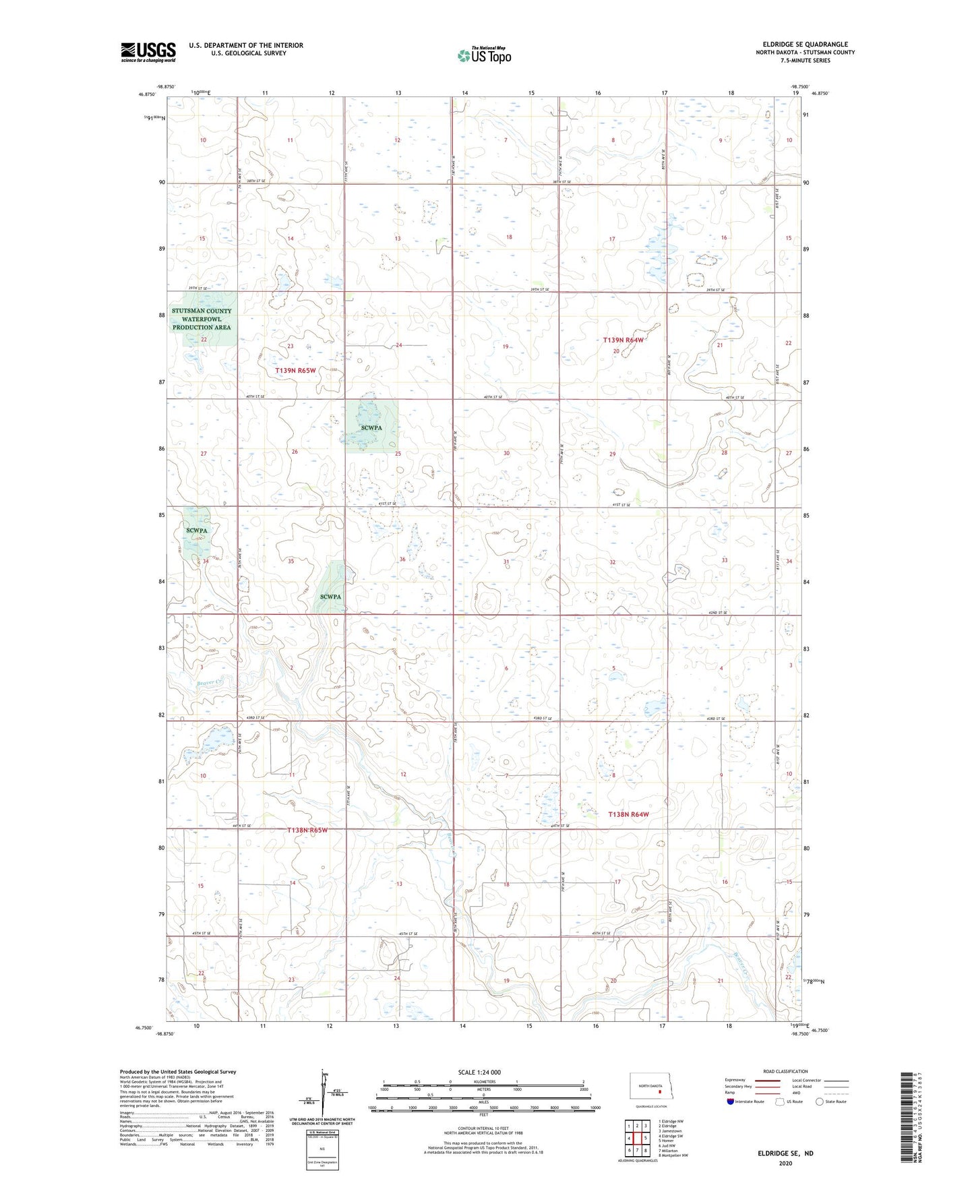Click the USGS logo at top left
coord(148,52)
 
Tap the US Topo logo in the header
coord(484,55)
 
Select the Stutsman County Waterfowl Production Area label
coord(202,319)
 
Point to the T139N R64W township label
coord(623,340)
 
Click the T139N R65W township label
coord(295,371)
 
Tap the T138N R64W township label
coord(628,814)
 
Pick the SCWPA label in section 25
coord(371,428)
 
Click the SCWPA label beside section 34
coord(197,531)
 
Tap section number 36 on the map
coord(402,559)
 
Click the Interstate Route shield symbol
coord(731,1101)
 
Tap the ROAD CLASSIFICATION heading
coord(785,1071)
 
